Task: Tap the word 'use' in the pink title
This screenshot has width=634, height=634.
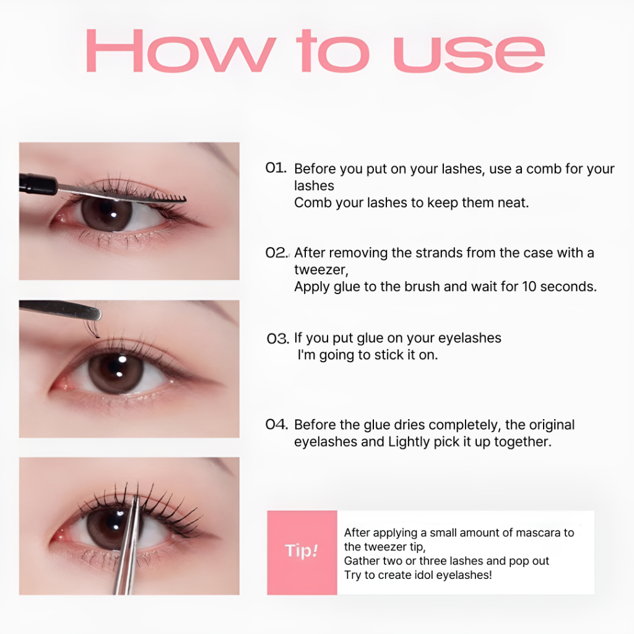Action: click(x=469, y=54)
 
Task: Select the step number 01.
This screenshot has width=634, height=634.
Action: click(x=276, y=168)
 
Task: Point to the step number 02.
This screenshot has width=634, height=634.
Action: click(x=277, y=253)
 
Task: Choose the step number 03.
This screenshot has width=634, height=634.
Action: click(x=278, y=339)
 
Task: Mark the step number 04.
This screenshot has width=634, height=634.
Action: click(x=277, y=424)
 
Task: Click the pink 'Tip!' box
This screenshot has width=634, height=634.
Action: click(x=302, y=552)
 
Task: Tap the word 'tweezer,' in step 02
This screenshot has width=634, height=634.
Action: click(x=321, y=270)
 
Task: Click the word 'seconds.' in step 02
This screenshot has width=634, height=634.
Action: click(x=568, y=286)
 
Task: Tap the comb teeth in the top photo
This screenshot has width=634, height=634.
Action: click(x=169, y=198)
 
